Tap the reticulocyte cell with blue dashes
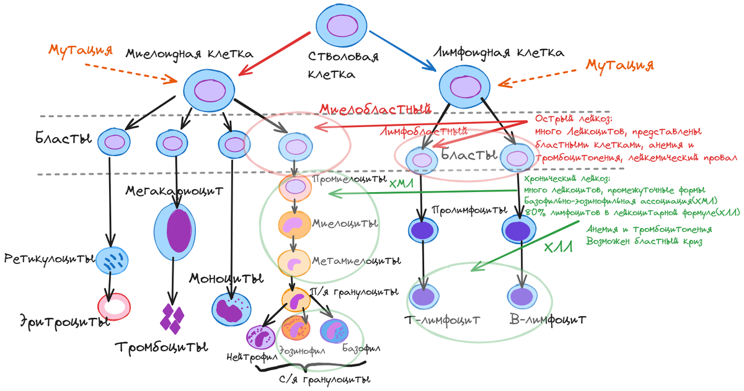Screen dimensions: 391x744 (113, 261)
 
